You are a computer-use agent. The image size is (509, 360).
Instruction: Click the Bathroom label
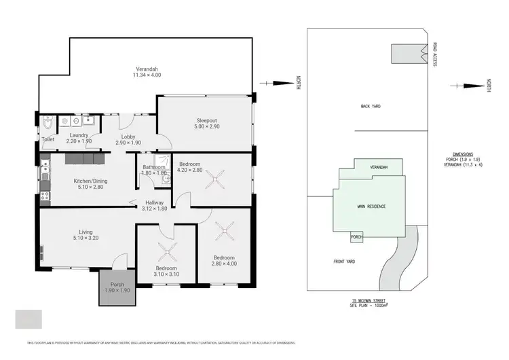(x=154, y=166)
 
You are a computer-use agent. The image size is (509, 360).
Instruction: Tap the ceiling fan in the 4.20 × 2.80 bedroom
(x=218, y=180)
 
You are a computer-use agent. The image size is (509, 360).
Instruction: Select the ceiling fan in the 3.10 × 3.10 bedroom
(x=167, y=254)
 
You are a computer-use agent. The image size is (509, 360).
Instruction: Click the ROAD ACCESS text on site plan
(x=434, y=54)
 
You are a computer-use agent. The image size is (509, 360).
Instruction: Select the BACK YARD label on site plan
(x=370, y=106)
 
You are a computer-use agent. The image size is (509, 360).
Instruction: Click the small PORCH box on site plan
(x=357, y=237)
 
